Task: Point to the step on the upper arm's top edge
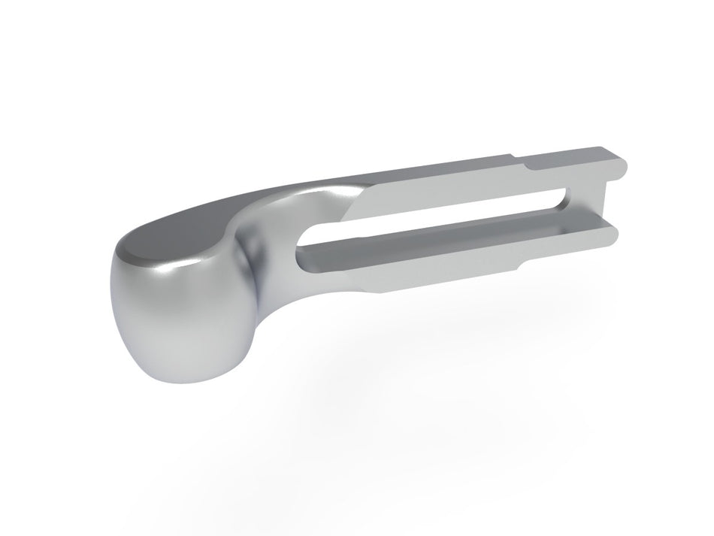point(519,160)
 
